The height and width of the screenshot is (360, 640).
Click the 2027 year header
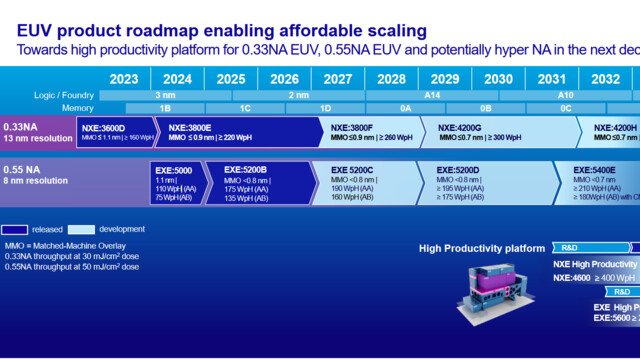click(337, 78)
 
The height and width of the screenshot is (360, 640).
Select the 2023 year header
click(124, 78)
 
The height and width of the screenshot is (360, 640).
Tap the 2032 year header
click(605, 78)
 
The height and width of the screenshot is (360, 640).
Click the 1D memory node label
click(324, 107)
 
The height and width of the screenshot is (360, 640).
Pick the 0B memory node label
click(485, 107)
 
